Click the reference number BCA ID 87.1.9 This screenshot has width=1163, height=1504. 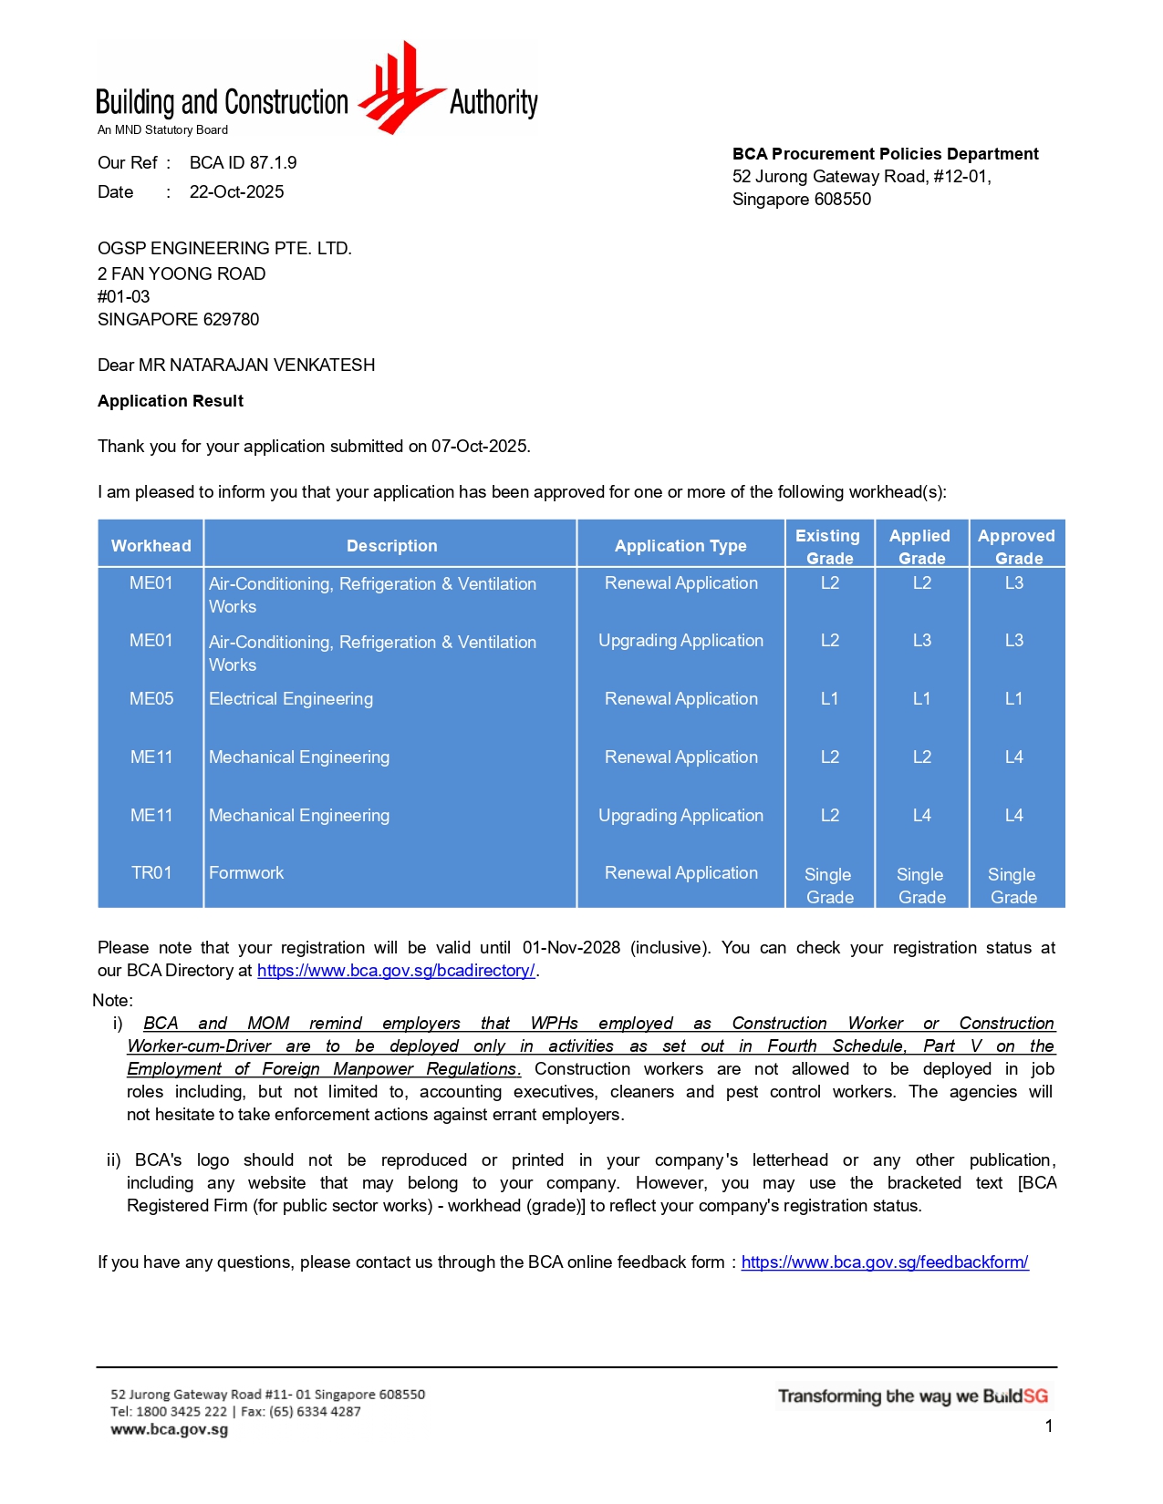243,163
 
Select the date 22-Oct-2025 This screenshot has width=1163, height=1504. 236,192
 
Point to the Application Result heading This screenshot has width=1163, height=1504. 171,401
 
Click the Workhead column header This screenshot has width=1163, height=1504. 151,546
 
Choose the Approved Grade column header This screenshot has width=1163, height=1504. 1016,546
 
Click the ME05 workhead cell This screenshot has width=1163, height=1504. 151,699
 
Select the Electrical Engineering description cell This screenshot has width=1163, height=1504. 291,699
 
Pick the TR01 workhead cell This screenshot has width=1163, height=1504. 151,873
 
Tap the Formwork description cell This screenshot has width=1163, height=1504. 246,873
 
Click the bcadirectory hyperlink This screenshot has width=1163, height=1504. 396,971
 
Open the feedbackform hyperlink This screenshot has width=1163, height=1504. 885,1262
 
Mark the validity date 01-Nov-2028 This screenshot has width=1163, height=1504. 571,948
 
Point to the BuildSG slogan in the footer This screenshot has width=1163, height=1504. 912,1396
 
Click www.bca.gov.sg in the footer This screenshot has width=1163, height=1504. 170,1429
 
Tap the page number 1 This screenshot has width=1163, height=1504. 1049,1427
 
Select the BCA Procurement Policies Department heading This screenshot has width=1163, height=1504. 885,154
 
